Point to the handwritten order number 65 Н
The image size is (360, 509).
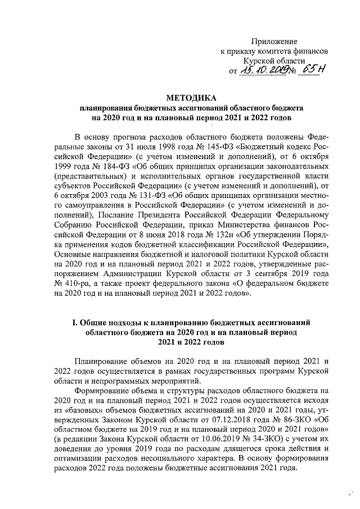click(x=314, y=69)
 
